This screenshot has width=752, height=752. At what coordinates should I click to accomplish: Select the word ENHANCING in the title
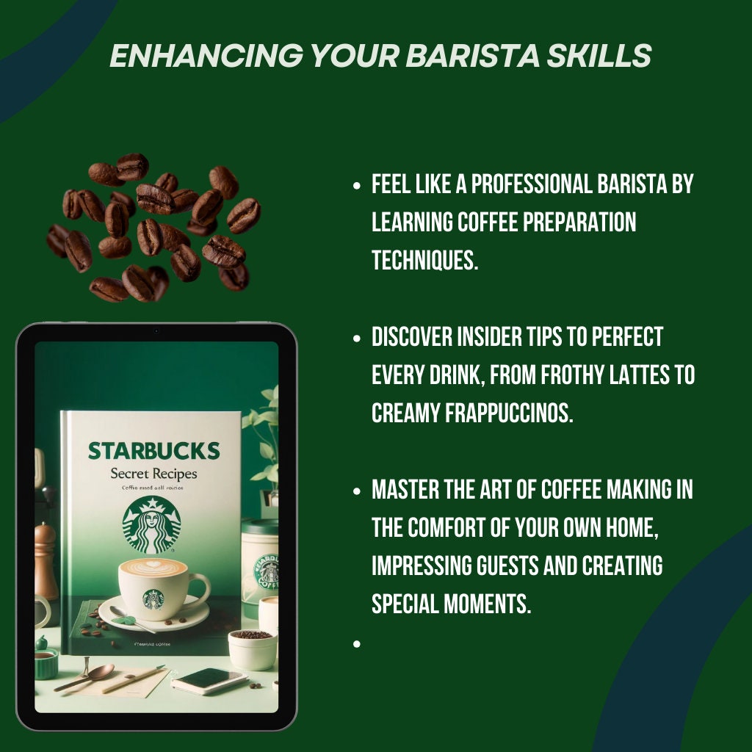(x=192, y=56)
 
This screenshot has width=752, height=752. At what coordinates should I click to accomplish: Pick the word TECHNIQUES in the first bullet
(x=424, y=260)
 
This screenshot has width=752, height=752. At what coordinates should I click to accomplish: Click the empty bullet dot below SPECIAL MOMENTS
(x=357, y=643)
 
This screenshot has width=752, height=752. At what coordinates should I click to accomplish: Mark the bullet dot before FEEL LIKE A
(x=357, y=186)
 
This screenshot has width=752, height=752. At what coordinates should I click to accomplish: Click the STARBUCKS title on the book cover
(x=153, y=450)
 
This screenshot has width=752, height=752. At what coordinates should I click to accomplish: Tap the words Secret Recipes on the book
(x=153, y=474)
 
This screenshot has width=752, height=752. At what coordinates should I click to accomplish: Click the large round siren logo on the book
(x=151, y=524)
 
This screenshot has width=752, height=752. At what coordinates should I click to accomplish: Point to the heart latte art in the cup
(x=153, y=566)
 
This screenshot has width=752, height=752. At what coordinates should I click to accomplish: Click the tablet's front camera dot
(x=156, y=332)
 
